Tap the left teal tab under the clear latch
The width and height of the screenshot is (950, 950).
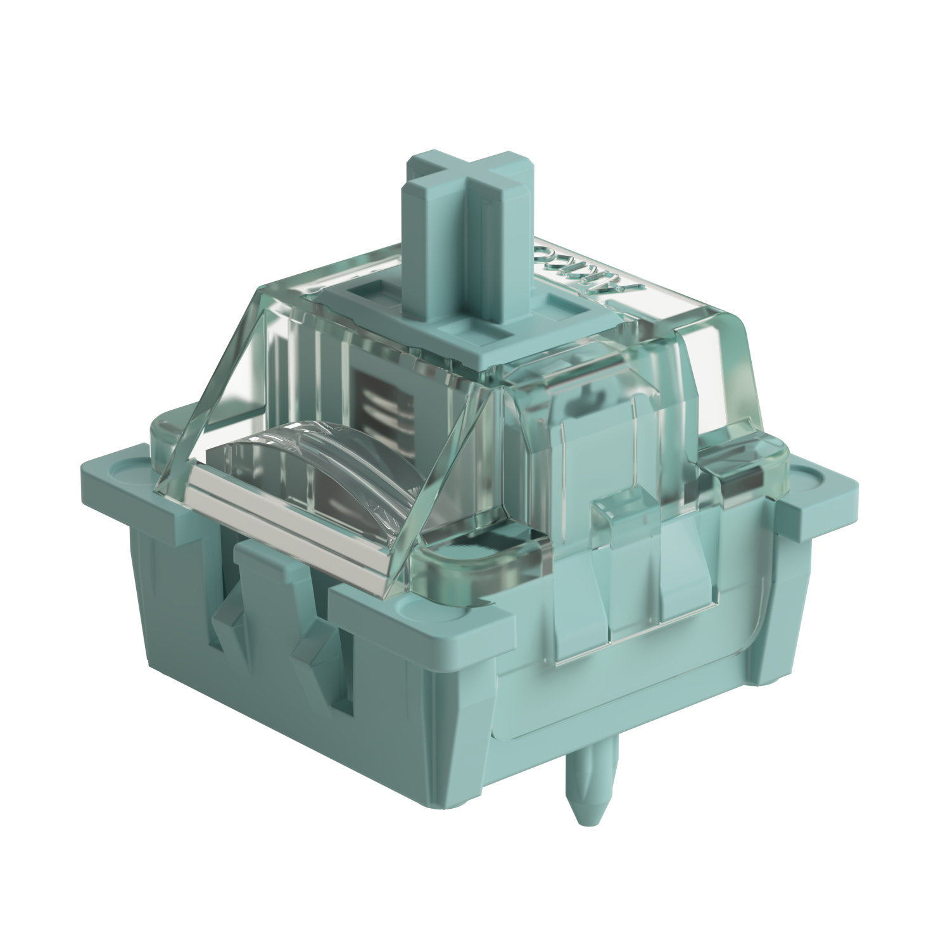pyautogui.click(x=573, y=602)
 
